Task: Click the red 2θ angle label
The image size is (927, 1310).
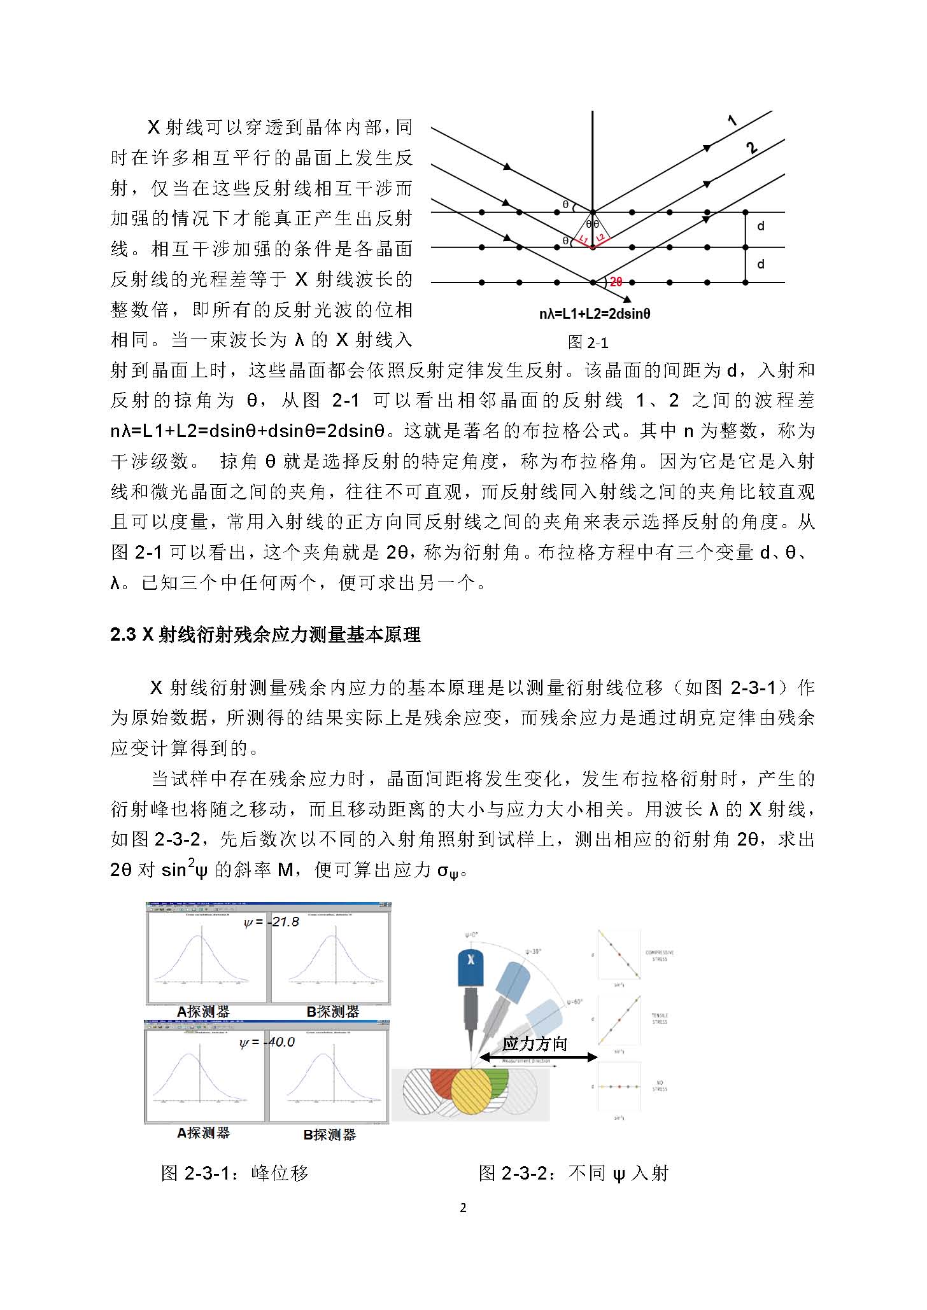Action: tap(616, 282)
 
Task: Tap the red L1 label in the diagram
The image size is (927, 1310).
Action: tap(582, 239)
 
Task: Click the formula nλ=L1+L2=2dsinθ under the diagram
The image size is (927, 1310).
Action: tap(595, 314)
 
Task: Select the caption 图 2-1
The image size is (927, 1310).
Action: tap(588, 343)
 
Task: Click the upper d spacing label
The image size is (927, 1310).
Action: tap(760, 226)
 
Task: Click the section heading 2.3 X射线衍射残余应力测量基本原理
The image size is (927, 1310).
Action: tap(265, 635)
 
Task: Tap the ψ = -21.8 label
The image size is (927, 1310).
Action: tap(271, 922)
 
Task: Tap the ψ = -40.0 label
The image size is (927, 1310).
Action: tap(267, 1042)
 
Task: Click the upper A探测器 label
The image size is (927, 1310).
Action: tap(203, 1011)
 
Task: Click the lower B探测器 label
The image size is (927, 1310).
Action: tap(329, 1134)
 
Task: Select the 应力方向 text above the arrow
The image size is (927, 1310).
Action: tap(534, 1043)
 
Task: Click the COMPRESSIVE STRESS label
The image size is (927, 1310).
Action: tap(660, 956)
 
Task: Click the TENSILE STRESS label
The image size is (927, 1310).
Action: tap(660, 1019)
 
